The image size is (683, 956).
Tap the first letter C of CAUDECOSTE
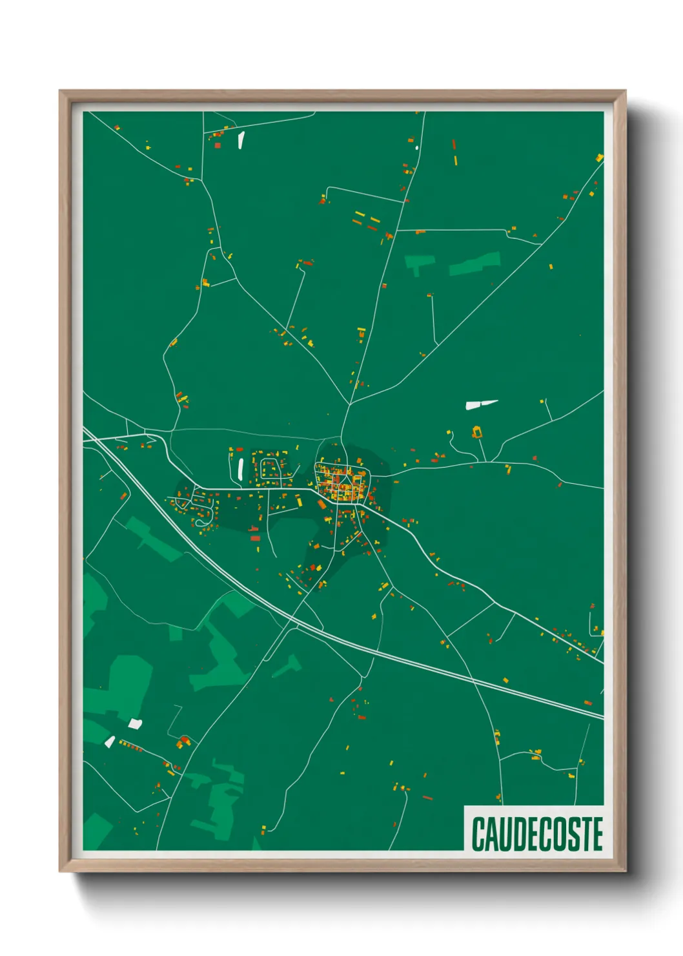tap(478, 834)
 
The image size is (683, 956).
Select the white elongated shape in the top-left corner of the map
tap(241, 140)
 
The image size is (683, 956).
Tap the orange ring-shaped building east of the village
tap(477, 431)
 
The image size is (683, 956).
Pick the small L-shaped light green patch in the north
tap(418, 263)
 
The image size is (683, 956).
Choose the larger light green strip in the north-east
tap(474, 263)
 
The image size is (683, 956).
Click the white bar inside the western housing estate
tap(240, 469)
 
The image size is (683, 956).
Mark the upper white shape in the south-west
tap(134, 723)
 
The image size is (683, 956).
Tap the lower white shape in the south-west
tap(110, 742)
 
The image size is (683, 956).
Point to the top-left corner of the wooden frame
tap(60, 91)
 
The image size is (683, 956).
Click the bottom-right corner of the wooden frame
tap(625, 871)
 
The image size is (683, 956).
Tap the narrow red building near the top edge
tap(454, 145)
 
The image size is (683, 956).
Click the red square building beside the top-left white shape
tap(218, 145)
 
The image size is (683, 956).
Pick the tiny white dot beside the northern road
tap(417, 148)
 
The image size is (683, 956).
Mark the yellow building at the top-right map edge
tap(599, 158)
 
